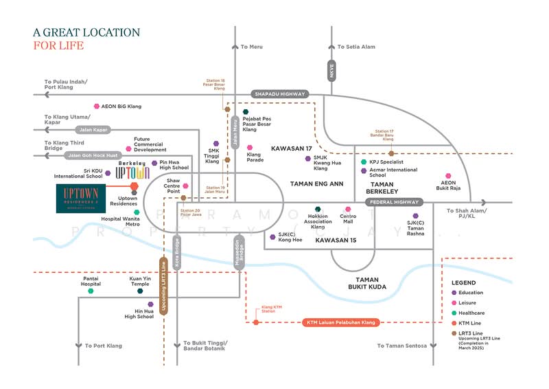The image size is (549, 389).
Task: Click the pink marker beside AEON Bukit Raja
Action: pos(448,176)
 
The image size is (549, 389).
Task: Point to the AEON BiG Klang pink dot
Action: pos(96,107)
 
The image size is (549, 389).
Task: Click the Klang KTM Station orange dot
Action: pos(255,322)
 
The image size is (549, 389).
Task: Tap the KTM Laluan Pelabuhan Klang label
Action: pos(340,322)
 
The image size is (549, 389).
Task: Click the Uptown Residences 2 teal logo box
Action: pos(82,199)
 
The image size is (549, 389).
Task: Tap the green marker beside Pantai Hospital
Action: pos(90,291)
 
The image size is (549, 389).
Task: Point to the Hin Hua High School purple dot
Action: pos(150,304)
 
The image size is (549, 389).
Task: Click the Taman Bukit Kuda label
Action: pos(368,282)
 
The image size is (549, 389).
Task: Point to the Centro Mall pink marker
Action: pos(348,209)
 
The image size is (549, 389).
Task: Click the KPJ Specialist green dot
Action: pos(364,162)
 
